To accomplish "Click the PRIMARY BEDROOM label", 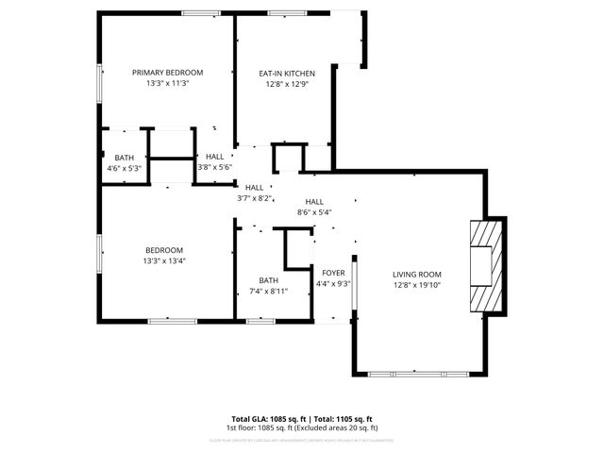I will [167, 73].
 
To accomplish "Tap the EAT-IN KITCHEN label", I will [287, 73].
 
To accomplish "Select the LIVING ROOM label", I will [417, 275].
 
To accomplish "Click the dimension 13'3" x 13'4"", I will [164, 260].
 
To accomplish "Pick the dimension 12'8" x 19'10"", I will [417, 285].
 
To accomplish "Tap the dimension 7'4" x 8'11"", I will [269, 291].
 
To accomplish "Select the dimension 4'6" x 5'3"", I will [125, 168].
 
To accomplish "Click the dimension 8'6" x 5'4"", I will [314, 212].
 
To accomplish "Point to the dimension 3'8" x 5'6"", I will [214, 168].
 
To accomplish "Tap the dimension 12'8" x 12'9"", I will [287, 83].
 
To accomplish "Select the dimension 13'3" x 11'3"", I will [167, 83].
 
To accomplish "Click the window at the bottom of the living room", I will [418, 374].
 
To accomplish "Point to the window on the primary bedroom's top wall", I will [195, 12].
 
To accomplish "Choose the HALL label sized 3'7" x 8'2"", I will [254, 187].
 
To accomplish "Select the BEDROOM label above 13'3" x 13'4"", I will [164, 250].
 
